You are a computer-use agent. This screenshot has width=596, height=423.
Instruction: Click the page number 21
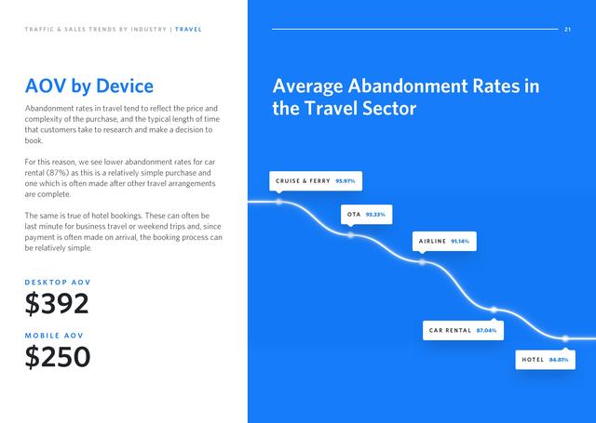[x=567, y=29]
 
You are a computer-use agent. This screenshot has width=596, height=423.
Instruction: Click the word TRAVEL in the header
[x=188, y=29]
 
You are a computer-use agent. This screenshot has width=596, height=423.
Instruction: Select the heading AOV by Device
[x=89, y=86]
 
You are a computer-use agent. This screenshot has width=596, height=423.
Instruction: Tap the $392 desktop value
[x=57, y=303]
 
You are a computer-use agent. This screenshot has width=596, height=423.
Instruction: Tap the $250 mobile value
[x=58, y=357]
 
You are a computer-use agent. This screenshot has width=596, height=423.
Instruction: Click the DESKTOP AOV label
[x=58, y=283]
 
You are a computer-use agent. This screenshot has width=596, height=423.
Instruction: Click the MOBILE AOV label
[x=54, y=336]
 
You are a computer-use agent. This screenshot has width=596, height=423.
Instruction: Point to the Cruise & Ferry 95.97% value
[x=345, y=181]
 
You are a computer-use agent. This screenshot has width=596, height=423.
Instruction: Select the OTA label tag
[x=366, y=215]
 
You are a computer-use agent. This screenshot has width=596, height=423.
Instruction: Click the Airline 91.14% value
[x=460, y=242]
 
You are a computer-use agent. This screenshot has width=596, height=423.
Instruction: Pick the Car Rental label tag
[x=463, y=330]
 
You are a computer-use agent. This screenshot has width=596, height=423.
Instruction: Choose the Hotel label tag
[x=545, y=360]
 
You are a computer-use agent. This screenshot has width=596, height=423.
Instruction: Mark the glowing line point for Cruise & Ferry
[x=279, y=202]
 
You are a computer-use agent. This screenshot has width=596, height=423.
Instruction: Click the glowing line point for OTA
[x=350, y=235]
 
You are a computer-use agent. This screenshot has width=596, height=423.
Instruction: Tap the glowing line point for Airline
[x=422, y=262]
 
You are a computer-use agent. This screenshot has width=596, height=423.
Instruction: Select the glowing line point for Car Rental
[x=494, y=310]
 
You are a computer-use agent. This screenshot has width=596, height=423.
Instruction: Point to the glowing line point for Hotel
[x=565, y=338]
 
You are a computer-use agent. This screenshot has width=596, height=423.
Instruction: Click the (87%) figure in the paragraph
[x=58, y=173]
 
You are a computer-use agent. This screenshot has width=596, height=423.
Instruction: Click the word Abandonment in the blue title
[x=408, y=86]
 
